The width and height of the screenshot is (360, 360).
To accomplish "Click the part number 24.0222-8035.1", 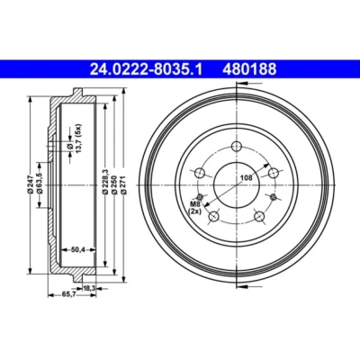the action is pos(147,70).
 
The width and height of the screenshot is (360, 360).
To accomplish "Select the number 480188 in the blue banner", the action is pos(249,70).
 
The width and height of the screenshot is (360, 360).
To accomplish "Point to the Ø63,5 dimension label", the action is pos(39,184).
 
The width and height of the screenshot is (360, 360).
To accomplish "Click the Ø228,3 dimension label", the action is pos(105,183).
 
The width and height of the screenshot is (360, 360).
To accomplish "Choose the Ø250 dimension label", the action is pos(114,184).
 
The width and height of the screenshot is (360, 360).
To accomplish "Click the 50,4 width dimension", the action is pos(78,249).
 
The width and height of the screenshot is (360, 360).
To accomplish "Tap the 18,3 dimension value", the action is pos(89,288).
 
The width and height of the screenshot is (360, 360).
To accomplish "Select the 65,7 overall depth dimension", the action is pos(68,295).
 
